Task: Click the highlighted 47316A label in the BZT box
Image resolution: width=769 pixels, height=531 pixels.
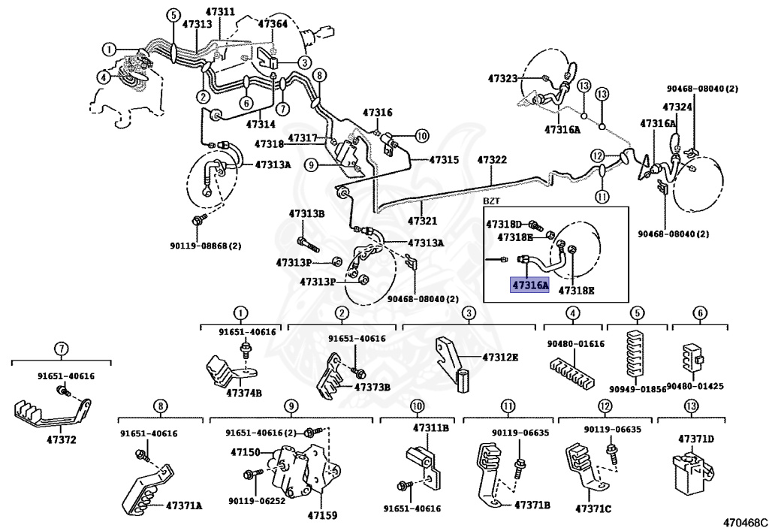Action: click(x=529, y=285)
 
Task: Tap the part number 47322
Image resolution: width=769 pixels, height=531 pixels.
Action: click(x=492, y=160)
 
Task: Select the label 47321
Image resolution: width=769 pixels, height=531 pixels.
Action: click(x=422, y=221)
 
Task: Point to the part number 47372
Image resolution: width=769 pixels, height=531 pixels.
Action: click(x=62, y=440)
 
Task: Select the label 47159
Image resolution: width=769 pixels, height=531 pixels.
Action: click(x=323, y=515)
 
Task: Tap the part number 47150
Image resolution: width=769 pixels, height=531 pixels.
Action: click(x=246, y=452)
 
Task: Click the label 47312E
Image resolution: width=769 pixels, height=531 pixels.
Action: click(x=500, y=357)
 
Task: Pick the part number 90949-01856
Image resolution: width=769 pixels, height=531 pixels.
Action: click(x=638, y=389)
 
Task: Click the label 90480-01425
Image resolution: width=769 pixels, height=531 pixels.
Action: click(x=701, y=386)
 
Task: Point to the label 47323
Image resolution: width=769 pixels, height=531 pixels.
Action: click(x=502, y=77)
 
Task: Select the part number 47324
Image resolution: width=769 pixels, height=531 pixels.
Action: click(x=677, y=107)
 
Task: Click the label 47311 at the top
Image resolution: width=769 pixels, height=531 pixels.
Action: click(x=220, y=11)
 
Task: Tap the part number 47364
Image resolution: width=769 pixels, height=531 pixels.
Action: click(x=273, y=23)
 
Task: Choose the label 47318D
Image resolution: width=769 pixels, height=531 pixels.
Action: click(x=504, y=224)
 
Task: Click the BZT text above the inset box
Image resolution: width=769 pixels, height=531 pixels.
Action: click(x=490, y=201)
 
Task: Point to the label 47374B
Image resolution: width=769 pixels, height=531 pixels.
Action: click(x=244, y=393)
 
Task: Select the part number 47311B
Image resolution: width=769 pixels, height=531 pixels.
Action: click(x=430, y=428)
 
